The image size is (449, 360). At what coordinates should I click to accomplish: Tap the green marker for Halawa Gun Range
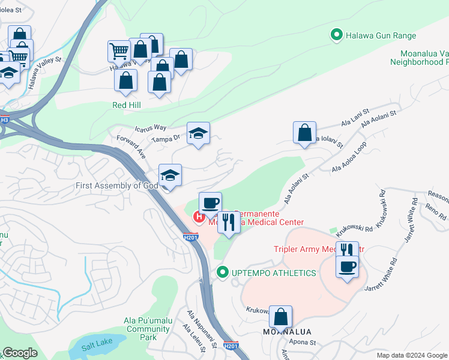337,35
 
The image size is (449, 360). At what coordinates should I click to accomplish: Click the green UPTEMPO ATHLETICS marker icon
223,273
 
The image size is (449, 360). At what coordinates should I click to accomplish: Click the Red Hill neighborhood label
125,104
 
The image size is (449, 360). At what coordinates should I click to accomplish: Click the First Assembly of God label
116,185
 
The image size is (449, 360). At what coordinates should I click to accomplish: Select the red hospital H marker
196,216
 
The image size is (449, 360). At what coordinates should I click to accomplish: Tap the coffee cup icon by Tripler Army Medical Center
347,266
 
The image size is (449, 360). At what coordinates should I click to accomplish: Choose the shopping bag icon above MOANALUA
280,317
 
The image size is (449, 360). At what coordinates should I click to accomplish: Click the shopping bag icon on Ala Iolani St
305,133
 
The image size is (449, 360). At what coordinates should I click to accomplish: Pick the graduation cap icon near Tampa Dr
198,134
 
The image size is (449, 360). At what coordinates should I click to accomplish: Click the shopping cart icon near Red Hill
119,51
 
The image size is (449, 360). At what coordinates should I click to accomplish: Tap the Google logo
19,353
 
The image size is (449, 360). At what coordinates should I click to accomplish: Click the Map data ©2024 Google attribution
411,355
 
